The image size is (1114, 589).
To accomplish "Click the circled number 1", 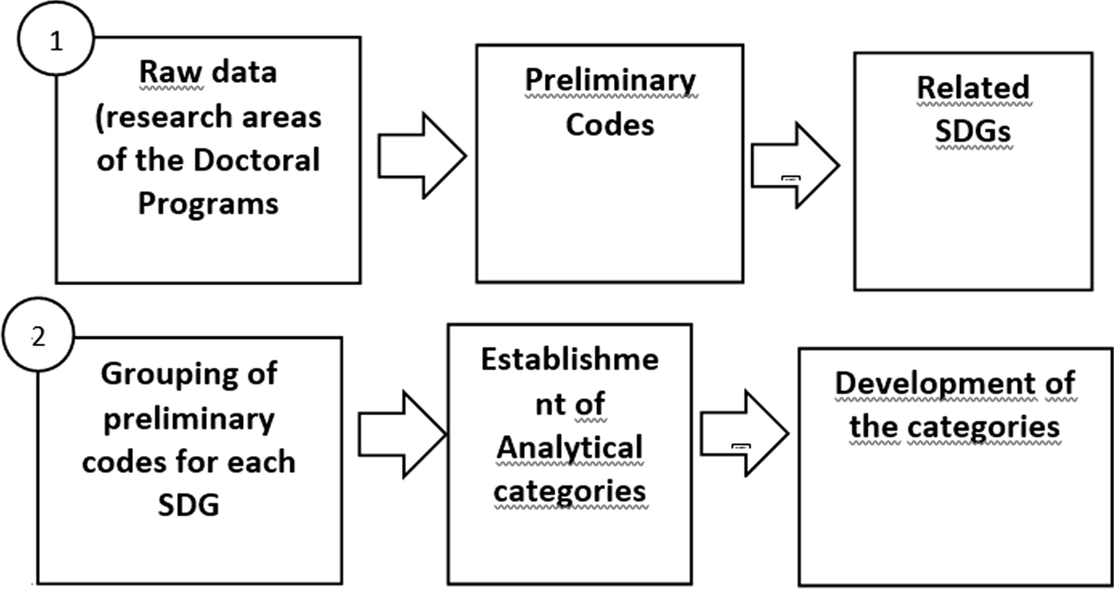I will click(55, 41).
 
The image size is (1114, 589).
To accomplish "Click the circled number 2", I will click(38, 337).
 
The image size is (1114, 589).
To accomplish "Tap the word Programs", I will click(208, 204).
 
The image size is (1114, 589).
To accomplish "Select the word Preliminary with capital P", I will click(610, 80).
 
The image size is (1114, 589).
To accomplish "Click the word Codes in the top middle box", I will click(610, 125).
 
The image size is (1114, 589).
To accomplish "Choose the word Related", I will click(973, 88).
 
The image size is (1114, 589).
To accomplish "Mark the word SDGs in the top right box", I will click(973, 132).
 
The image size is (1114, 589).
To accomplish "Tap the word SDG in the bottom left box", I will click(188, 505).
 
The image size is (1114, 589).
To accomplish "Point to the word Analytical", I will click(569, 448).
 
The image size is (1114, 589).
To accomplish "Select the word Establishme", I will click(569, 360).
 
